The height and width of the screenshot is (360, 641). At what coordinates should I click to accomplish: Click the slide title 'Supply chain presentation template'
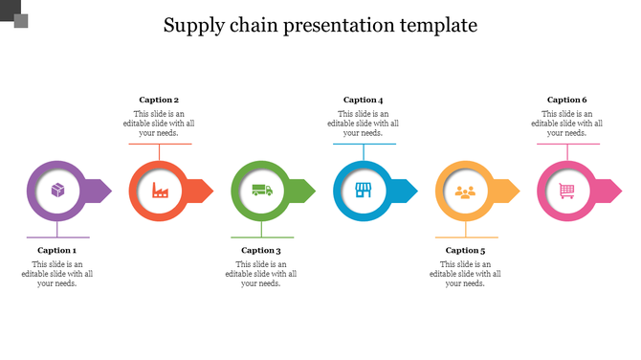(x=320, y=25)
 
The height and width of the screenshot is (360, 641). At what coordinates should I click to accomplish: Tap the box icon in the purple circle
(x=58, y=191)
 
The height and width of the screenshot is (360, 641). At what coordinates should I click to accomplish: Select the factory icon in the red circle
(x=160, y=191)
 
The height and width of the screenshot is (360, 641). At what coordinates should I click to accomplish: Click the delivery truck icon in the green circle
(x=262, y=191)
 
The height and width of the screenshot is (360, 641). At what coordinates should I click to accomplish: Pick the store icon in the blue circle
(x=364, y=191)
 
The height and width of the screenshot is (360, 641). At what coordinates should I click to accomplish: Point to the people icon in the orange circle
(x=465, y=191)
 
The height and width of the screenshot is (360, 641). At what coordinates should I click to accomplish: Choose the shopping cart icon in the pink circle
(x=567, y=191)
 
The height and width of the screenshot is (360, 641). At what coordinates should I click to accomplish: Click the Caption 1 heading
(x=57, y=251)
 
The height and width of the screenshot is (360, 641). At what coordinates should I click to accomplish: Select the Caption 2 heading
(x=159, y=100)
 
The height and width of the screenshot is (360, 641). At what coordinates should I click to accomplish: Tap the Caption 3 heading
(x=261, y=251)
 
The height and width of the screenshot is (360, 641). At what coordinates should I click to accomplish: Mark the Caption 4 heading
(x=364, y=100)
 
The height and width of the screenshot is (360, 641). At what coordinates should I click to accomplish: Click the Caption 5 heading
(x=465, y=251)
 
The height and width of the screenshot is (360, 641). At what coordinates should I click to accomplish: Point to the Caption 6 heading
(x=567, y=100)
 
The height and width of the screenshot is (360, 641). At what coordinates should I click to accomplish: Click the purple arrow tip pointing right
(x=102, y=191)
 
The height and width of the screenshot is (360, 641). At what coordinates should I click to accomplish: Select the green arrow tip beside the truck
(x=306, y=191)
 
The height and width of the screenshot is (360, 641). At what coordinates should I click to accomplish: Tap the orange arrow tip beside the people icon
(x=510, y=191)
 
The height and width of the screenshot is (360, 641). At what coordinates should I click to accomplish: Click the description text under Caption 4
(x=364, y=124)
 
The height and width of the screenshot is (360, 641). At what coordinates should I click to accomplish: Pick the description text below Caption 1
(x=57, y=274)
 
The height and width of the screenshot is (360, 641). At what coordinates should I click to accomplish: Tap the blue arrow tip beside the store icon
(x=408, y=191)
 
